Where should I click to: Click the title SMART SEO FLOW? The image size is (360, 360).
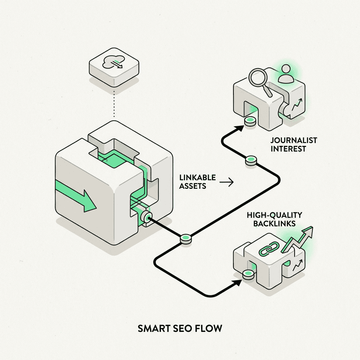click(180, 329)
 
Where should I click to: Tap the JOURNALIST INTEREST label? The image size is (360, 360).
click(289, 144)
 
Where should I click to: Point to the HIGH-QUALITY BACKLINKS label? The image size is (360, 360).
click(275, 219)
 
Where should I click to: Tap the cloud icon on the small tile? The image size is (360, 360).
click(111, 62)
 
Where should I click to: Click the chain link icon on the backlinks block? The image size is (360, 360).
click(269, 249)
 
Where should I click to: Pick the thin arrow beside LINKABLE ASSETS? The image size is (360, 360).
click(226, 182)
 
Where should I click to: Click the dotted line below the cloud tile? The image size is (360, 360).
click(114, 102)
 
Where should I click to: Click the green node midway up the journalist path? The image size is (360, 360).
click(251, 160)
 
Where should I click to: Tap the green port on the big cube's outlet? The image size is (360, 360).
click(147, 217)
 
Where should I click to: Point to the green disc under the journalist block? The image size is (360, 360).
click(250, 121)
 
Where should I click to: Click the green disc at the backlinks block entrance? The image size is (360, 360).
click(249, 274)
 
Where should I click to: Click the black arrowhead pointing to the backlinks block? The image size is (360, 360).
click(238, 282)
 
